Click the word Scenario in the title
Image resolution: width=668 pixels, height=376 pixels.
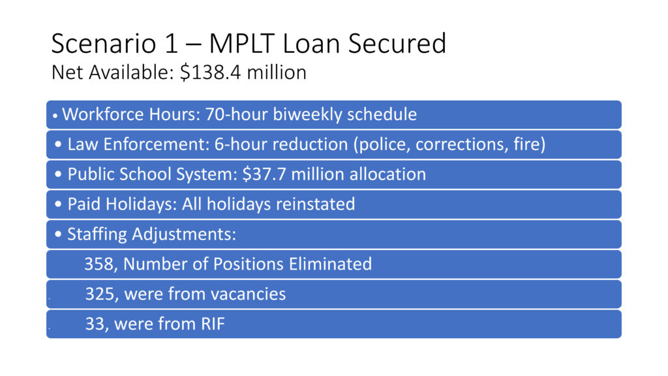[x=104, y=44]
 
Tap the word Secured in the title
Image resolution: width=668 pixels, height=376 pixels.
[x=397, y=44]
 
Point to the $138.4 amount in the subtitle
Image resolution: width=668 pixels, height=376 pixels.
[x=210, y=72]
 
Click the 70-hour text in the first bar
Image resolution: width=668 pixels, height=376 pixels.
[x=236, y=114]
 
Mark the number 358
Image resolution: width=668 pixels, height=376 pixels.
[x=99, y=264]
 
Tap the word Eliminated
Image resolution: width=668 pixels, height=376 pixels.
[x=330, y=264]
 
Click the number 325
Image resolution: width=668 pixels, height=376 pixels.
[x=100, y=294]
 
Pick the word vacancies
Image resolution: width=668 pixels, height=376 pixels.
[x=248, y=294]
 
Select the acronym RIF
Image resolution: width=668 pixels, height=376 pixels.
[x=213, y=324]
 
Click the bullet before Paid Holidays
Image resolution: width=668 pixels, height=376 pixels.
[x=58, y=204]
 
